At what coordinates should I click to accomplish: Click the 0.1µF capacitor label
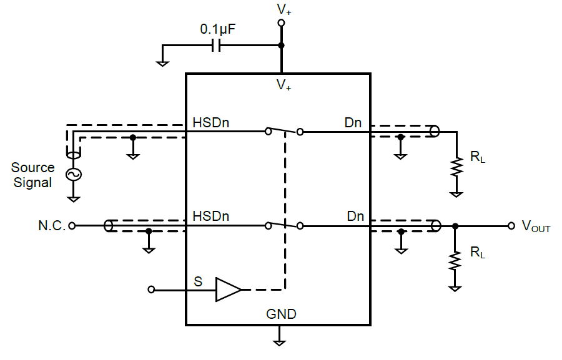coord(218,29)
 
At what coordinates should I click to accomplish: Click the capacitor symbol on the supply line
coord(217,45)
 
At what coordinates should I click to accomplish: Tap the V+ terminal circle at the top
coord(281,23)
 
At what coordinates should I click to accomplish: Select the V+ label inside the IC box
coord(284,85)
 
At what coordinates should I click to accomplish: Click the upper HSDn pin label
coord(211,123)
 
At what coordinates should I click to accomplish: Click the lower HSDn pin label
coord(211,216)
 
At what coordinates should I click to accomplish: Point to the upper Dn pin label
coord(353,123)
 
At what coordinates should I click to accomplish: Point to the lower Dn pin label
coord(355,216)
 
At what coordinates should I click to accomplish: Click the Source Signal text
coord(32,175)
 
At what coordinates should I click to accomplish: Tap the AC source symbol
coord(74,175)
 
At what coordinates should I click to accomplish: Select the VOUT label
coord(536,226)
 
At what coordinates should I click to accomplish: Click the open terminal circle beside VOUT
coord(511,225)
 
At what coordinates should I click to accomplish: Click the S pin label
coord(198,281)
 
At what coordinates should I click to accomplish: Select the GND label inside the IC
coord(281,314)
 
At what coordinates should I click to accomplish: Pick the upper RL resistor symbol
coord(457,166)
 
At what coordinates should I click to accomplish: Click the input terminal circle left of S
coord(151,289)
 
